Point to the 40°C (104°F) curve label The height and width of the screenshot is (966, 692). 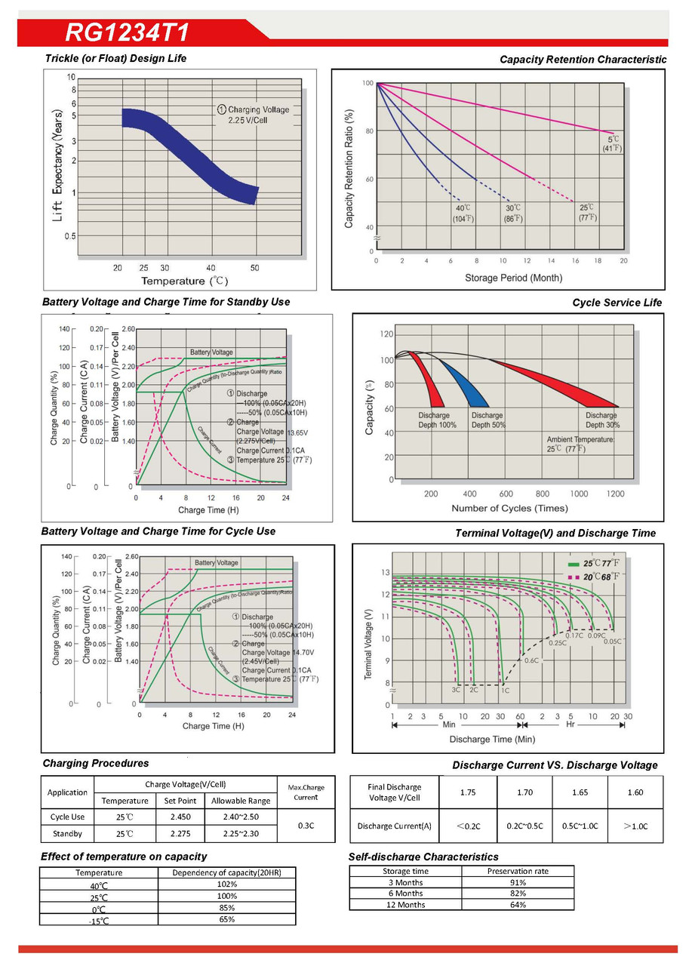point(463,213)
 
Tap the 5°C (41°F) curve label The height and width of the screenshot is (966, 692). point(613,143)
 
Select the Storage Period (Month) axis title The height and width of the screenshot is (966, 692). point(513,278)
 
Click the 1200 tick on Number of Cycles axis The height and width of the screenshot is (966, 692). point(615,494)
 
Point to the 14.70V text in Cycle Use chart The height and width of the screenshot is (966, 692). point(297,652)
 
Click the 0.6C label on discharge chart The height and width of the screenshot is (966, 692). point(531,660)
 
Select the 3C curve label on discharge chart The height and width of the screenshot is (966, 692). point(456,690)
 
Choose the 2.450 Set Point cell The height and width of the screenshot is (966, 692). point(180,817)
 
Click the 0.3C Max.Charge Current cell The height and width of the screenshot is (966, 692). point(306,826)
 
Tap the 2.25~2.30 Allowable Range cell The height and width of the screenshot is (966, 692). point(240,834)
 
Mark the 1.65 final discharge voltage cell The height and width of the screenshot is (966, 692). point(580,792)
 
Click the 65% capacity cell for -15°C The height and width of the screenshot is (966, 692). point(226,919)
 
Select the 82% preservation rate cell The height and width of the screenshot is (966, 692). point(517,894)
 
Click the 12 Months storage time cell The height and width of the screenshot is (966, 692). point(405,905)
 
